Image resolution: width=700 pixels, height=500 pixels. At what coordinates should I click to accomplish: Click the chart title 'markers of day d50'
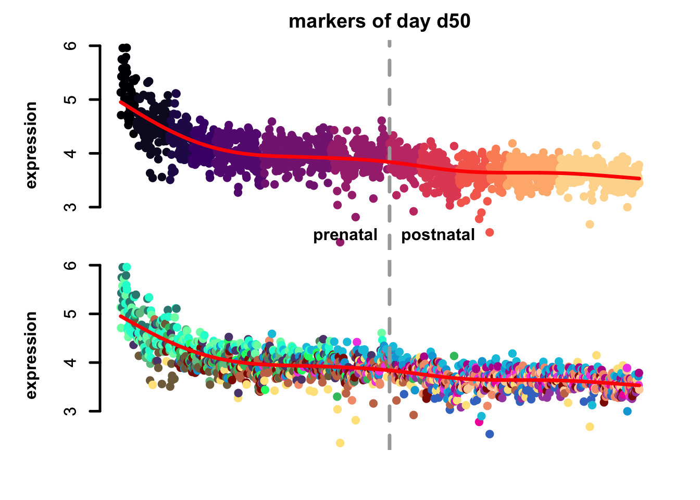pos(379,21)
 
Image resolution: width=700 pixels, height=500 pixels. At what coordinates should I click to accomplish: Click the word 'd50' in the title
pos(454,21)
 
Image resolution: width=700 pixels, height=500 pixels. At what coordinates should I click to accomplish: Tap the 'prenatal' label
pos(345,235)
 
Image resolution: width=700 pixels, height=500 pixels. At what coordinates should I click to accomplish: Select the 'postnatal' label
pos(438,235)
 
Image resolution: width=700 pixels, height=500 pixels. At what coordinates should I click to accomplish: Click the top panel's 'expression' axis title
pos(31,145)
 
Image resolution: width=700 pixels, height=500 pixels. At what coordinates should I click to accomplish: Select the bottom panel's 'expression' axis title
pos(31,355)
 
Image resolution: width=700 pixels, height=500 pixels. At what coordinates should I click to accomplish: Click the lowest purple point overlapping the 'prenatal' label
pos(340,242)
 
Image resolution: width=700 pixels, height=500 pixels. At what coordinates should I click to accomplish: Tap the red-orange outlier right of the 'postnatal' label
pos(490,232)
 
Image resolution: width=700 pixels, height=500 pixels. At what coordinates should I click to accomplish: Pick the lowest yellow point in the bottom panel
pos(340,443)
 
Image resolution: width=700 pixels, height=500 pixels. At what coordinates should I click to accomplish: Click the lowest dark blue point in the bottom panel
pos(490,434)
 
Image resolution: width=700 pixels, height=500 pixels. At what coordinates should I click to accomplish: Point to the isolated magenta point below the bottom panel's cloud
pos(479,422)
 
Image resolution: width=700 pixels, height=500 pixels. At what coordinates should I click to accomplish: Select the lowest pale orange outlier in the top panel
pos(590,224)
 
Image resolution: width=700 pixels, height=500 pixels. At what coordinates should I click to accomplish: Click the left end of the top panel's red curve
pos(121,102)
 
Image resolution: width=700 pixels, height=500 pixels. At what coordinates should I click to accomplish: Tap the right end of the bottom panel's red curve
pos(640,385)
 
